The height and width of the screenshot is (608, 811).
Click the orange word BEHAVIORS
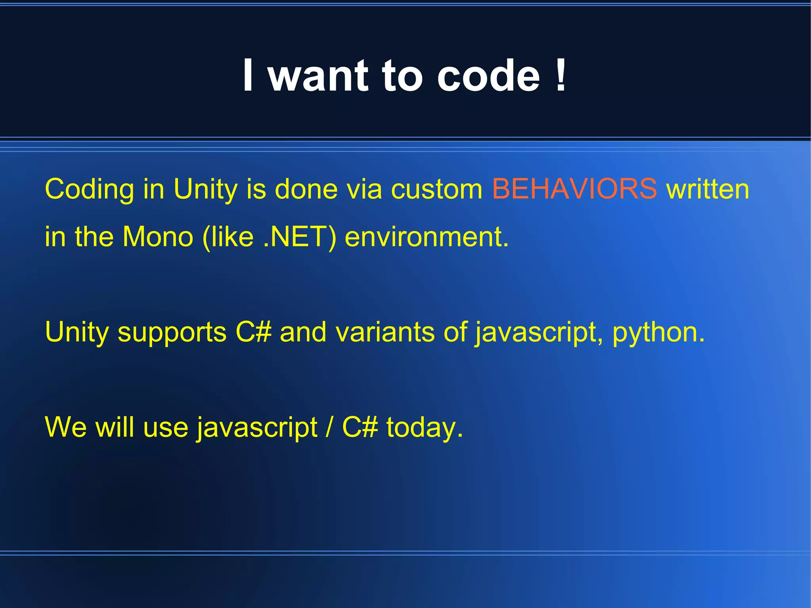point(574,189)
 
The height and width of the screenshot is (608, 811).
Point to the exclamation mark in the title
point(560,75)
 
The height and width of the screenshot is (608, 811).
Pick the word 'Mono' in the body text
point(158,237)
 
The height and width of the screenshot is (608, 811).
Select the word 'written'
point(708,189)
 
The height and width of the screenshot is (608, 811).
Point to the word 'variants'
point(385,332)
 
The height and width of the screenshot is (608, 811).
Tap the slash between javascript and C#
point(329,427)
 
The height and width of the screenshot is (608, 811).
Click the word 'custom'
point(437,189)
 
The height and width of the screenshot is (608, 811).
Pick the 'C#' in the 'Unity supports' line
point(253,332)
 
